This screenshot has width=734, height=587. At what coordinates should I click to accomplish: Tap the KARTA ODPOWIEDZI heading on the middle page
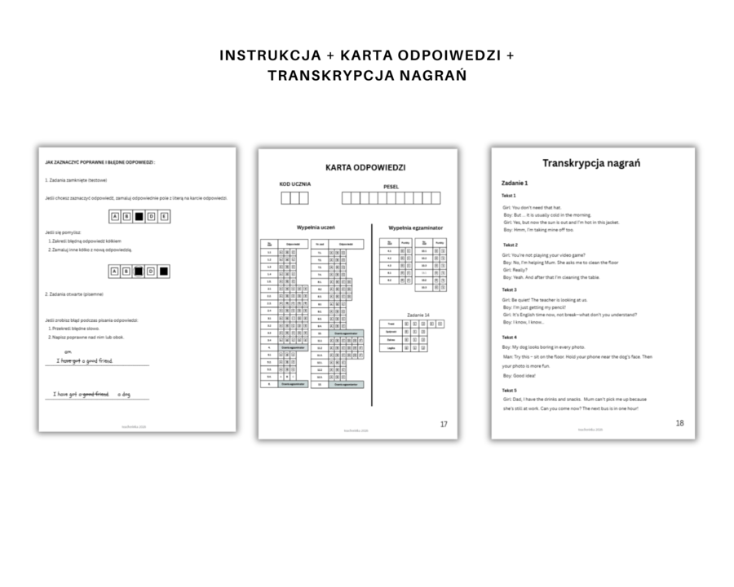(x=358, y=168)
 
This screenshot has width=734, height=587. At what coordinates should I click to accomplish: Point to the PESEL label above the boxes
(x=391, y=187)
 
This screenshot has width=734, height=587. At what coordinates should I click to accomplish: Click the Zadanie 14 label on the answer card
(x=416, y=314)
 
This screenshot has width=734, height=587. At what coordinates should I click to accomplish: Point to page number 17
(x=444, y=424)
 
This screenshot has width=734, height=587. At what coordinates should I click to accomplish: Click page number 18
(x=679, y=423)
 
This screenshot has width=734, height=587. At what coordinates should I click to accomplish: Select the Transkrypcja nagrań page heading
(x=591, y=163)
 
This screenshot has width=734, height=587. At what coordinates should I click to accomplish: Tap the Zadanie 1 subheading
(x=515, y=183)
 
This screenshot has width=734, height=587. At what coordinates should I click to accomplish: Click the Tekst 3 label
(x=510, y=289)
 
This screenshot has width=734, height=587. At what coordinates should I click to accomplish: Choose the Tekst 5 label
(x=510, y=390)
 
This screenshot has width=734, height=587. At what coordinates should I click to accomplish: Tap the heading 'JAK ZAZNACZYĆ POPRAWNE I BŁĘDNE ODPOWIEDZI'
(x=99, y=162)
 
